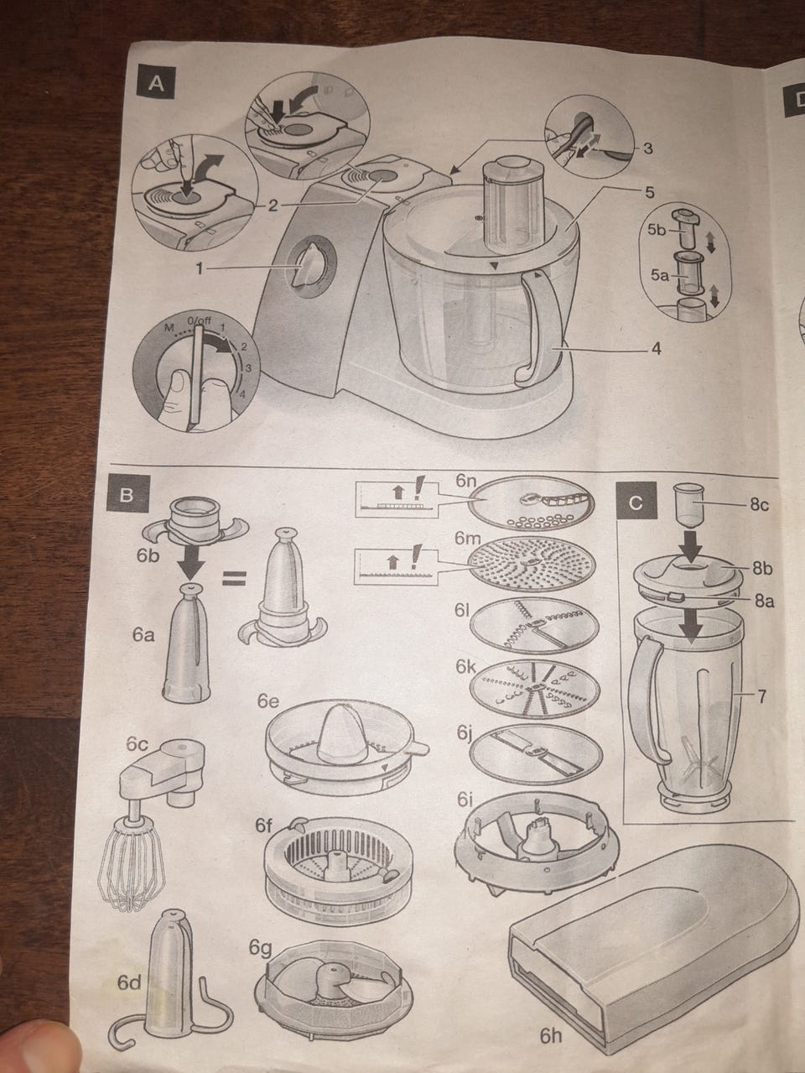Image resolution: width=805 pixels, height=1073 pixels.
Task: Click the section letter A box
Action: (x=156, y=84)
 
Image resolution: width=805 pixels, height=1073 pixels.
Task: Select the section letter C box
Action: (x=636, y=503)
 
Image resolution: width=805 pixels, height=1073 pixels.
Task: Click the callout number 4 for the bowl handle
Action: (x=656, y=349)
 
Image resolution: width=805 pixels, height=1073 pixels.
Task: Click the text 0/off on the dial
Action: (x=199, y=321)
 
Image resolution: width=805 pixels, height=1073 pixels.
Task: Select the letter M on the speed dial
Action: (x=169, y=327)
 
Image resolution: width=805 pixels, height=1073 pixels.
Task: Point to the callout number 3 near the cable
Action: (x=648, y=148)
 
